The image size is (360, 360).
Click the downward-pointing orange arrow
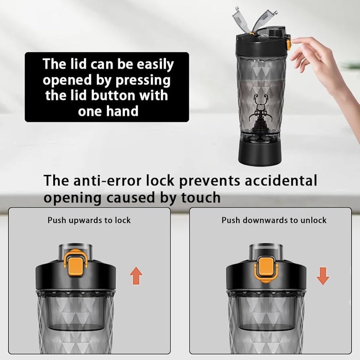(x=323, y=276)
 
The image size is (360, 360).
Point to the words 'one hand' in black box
(x=108, y=111)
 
